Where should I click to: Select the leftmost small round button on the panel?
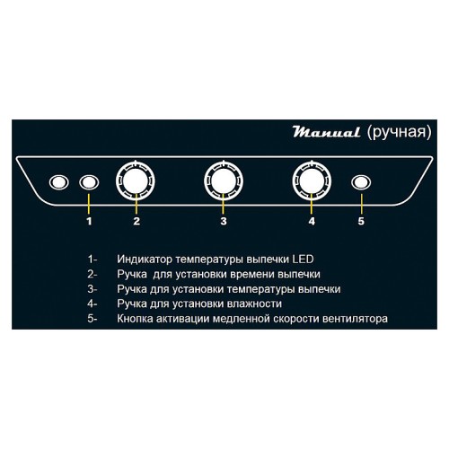(59, 182)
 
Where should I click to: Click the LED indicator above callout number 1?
(88, 182)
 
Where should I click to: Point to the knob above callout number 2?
(136, 181)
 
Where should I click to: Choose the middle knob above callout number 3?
(224, 181)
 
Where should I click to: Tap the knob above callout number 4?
(311, 181)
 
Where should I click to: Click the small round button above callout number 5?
(361, 182)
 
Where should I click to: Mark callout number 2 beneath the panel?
(136, 220)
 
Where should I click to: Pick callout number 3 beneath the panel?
(224, 220)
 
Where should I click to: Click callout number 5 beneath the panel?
(361, 220)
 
